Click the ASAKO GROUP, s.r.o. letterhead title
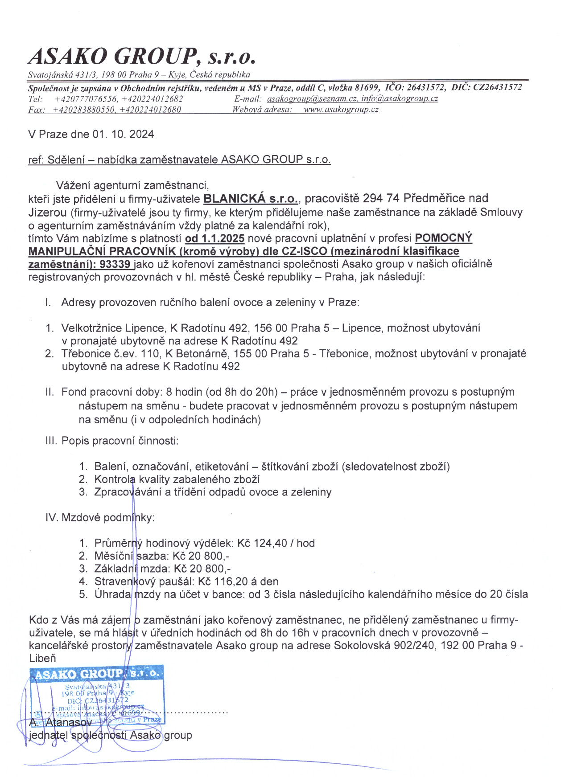pos(142,56)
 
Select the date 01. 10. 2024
pos(123,134)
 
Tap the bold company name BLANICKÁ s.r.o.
pos(251,199)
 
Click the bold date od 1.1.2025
pos(214,238)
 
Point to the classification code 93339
pos(115,264)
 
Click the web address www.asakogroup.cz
pos(341,110)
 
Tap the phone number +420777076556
pos(86,99)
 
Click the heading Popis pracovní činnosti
pos(120,441)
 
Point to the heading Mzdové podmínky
pos(107,518)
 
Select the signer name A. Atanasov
pos(61,722)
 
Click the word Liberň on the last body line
pos(42,658)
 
